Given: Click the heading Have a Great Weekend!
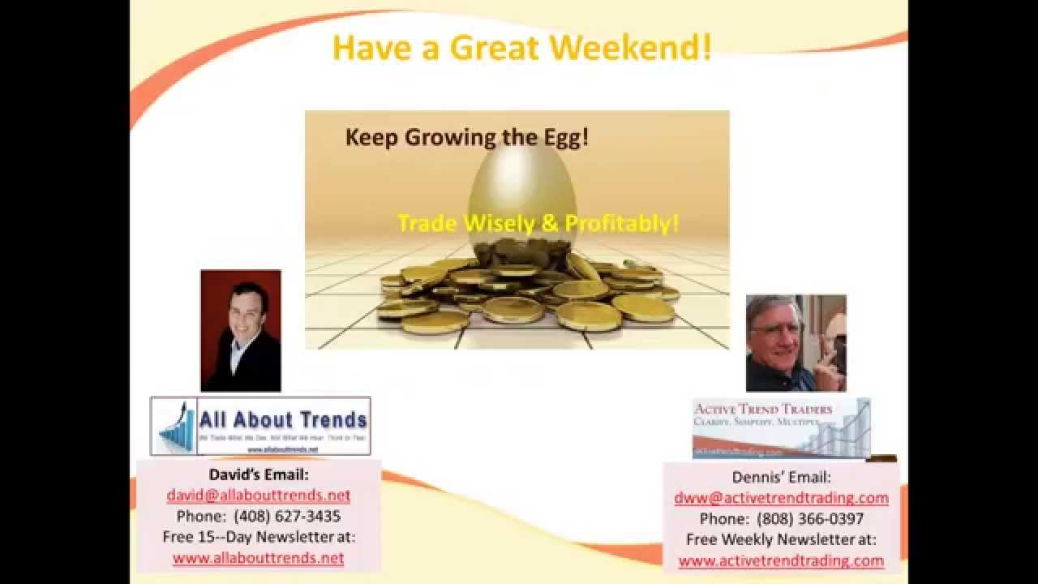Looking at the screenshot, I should click(522, 47).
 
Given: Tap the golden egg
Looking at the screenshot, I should click(522, 195).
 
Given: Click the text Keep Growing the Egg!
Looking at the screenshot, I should click(467, 136).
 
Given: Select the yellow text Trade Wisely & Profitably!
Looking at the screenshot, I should click(538, 223).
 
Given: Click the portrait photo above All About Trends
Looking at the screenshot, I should click(241, 330).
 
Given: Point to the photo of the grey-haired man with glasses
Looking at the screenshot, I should click(796, 343).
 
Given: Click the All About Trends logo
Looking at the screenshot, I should click(260, 425).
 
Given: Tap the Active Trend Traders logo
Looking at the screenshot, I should click(781, 427).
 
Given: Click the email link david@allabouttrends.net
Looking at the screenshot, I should click(259, 495).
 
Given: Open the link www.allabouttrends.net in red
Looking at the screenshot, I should click(258, 558).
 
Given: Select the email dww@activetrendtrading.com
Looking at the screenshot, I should click(781, 497).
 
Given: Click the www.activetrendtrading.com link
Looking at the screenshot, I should click(781, 560).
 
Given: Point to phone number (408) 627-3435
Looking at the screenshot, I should click(287, 516).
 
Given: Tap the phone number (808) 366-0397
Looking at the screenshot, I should click(810, 518).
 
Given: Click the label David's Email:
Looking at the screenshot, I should click(259, 474).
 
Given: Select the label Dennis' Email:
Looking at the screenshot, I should click(781, 477).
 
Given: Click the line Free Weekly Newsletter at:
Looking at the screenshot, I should click(781, 539).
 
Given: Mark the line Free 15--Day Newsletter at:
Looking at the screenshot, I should click(259, 537).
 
